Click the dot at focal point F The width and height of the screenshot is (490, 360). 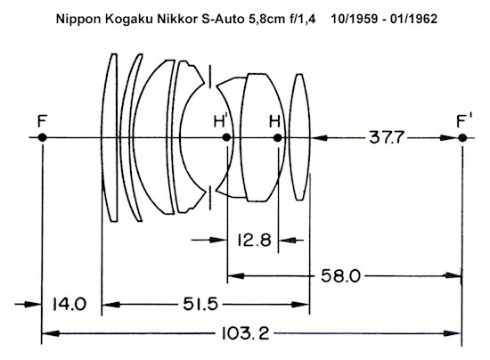42,137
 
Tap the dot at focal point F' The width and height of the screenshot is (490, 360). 462,138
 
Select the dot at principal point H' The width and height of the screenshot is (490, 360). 226,137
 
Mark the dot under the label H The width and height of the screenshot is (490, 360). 277,137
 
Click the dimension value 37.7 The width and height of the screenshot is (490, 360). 387,137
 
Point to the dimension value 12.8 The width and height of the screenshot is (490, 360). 254,241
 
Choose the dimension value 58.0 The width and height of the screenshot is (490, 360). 340,276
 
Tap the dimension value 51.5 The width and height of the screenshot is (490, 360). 200,304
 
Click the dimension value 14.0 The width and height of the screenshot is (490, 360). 69,304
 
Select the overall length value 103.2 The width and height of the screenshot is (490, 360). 245,333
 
